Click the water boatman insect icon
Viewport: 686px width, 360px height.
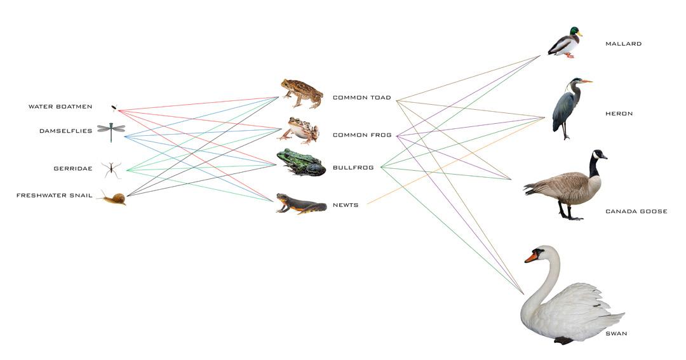[x=114, y=107]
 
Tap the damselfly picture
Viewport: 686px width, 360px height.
[x=111, y=131]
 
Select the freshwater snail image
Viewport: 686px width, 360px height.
[x=114, y=199]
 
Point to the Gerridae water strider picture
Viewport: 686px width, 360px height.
[x=111, y=169]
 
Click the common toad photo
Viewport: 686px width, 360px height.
[x=302, y=93]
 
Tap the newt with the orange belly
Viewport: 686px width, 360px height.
[x=300, y=203]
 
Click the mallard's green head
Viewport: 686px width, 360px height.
[x=574, y=31]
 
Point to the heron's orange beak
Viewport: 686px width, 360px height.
[x=586, y=81]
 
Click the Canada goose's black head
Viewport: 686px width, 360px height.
[x=598, y=154]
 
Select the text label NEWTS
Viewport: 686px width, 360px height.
[x=346, y=205]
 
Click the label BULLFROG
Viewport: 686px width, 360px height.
[x=353, y=168]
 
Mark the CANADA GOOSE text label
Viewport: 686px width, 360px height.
[x=636, y=211]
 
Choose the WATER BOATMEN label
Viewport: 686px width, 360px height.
[x=60, y=107]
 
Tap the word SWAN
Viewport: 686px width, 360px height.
[x=616, y=333]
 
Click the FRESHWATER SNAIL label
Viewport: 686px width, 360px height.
[x=55, y=196]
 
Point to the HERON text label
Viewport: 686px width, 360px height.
[x=619, y=114]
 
